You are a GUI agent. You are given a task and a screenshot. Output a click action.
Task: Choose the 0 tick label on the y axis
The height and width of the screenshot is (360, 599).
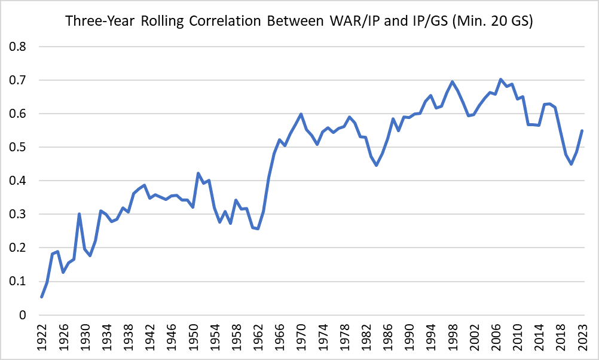click(23, 315)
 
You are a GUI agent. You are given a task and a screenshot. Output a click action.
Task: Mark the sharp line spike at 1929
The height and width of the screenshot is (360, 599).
click(80, 213)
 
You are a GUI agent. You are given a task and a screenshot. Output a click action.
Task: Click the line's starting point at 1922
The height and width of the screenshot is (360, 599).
click(42, 297)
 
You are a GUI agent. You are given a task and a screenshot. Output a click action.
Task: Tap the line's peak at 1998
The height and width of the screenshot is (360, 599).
click(452, 82)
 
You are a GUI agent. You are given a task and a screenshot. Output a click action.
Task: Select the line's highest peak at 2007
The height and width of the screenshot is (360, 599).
click(500, 79)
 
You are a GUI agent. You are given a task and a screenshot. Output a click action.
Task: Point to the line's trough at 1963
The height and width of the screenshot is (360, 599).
click(258, 228)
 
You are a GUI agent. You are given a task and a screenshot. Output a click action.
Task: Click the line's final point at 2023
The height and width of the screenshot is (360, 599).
click(582, 131)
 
